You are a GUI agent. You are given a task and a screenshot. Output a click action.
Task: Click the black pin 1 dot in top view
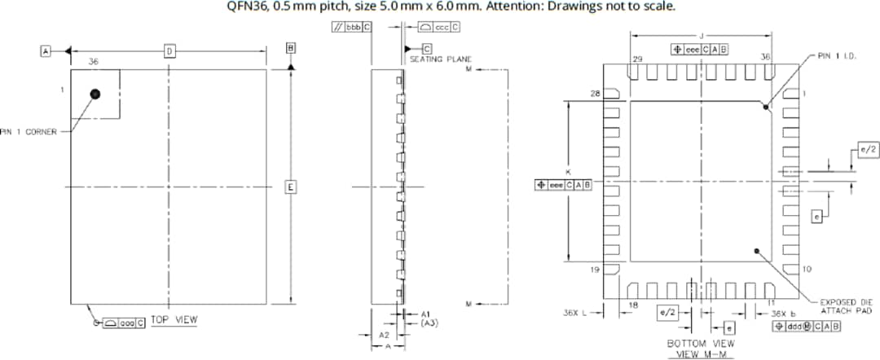(95, 94)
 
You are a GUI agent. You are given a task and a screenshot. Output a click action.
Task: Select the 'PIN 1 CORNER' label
(29, 132)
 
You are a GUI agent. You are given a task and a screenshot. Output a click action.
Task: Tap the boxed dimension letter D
(169, 51)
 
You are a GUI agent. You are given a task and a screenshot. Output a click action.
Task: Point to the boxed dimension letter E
(289, 187)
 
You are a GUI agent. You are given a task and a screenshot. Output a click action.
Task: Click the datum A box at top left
(46, 51)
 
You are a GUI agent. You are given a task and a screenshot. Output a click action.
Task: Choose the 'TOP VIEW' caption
(174, 320)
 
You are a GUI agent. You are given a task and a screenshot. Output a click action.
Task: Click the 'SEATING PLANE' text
(441, 59)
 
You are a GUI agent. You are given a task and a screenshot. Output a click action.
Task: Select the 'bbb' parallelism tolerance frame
(351, 27)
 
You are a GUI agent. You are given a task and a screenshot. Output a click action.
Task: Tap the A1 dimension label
(425, 314)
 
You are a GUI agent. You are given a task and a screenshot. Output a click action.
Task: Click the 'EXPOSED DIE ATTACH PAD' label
(847, 305)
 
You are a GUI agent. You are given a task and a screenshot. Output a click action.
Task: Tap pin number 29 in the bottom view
(637, 59)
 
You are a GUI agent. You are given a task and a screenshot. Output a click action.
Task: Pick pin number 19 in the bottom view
(594, 269)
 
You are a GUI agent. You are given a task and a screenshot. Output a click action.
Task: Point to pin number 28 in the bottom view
(594, 94)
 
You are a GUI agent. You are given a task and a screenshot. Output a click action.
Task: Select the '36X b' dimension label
(783, 313)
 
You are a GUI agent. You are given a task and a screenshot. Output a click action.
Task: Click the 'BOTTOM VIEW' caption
(701, 344)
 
